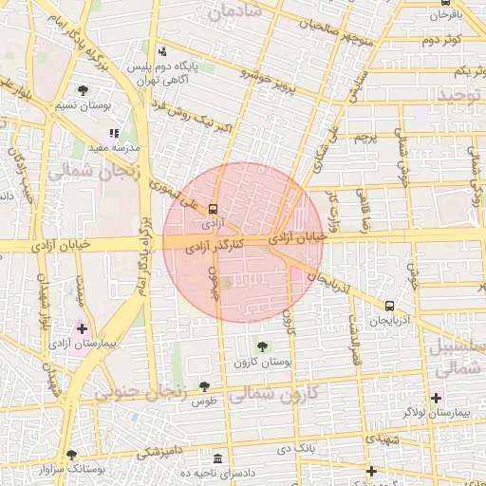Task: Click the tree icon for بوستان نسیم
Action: point(84,90)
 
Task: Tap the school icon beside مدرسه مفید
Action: point(114,133)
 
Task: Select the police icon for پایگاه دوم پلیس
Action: point(163,51)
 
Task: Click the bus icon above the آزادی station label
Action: point(213,208)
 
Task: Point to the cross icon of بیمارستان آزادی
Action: point(82,328)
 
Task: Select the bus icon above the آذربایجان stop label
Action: point(389,306)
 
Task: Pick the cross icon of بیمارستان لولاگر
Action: point(436,397)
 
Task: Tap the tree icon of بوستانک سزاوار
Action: point(71,454)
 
